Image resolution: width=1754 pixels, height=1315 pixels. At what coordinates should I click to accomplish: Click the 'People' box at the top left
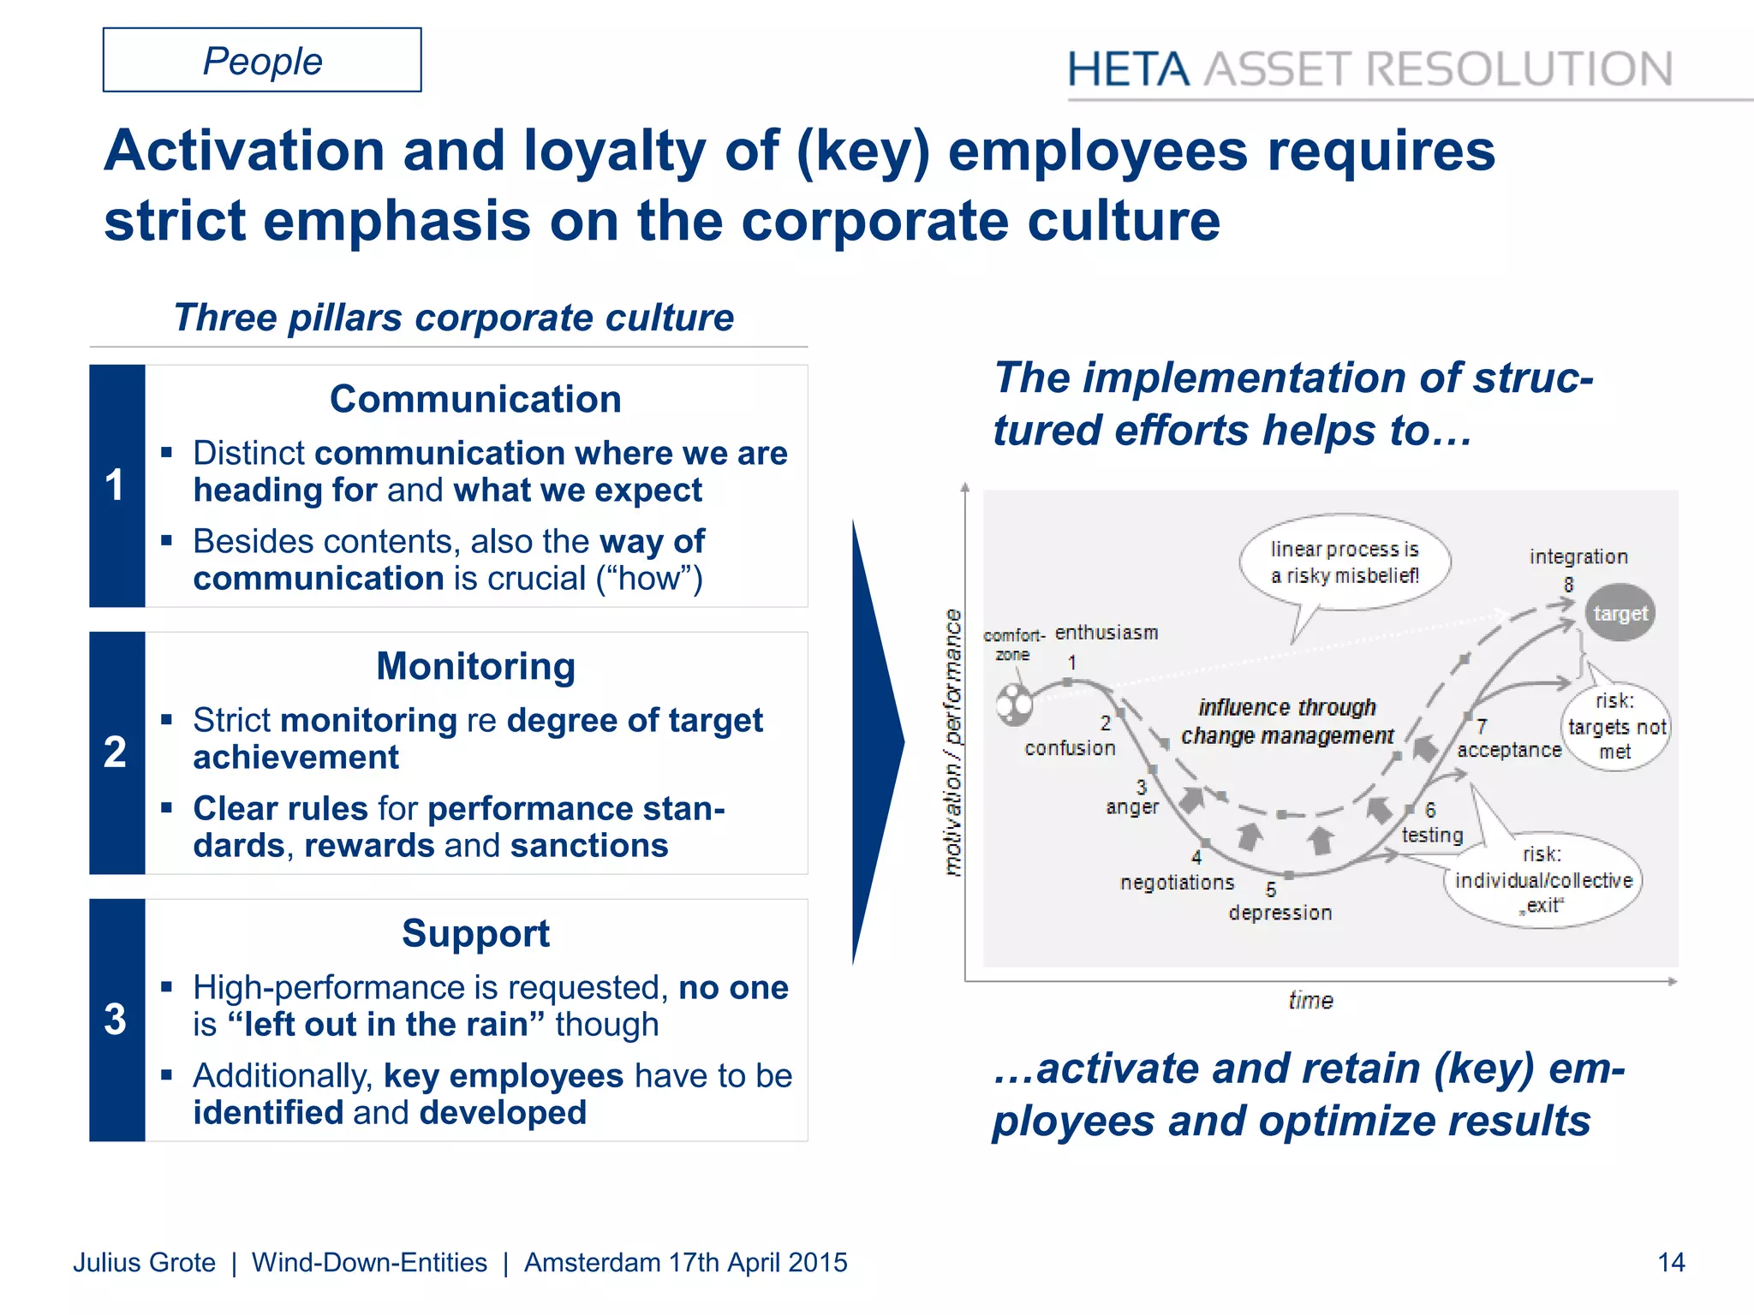262,61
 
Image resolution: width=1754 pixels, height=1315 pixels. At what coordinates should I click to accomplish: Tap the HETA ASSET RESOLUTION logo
1369,69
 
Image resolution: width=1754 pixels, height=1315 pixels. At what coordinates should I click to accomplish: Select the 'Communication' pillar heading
475,399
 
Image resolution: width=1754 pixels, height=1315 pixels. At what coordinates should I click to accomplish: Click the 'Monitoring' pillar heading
475,666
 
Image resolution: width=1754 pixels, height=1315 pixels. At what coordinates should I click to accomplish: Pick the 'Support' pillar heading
475,933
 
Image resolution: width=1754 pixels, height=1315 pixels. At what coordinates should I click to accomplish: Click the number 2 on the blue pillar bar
116,753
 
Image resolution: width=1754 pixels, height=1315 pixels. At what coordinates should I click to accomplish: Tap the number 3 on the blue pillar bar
116,1020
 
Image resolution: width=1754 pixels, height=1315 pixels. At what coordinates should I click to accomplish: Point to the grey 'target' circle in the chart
1620,613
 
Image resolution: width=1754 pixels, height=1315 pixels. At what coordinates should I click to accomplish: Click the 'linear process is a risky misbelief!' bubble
1344,562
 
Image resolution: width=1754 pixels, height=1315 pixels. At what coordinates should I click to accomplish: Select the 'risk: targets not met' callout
1616,726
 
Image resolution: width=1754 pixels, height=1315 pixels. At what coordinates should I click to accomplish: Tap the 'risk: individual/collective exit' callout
1543,880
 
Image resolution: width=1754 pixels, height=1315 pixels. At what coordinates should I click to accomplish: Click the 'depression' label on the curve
1280,913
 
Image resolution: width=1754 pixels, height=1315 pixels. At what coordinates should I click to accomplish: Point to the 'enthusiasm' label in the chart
1107,633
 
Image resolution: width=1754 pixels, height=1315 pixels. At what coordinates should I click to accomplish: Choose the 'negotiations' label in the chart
1177,883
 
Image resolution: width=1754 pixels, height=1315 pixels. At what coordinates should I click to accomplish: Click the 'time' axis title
1310,1000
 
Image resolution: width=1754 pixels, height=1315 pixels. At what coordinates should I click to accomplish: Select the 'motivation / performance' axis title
952,742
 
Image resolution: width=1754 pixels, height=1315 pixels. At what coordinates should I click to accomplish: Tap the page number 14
1671,1262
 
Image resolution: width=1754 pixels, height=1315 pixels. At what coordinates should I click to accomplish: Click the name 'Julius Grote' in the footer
144,1262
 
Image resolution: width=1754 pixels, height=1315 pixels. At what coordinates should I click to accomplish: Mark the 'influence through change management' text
1286,722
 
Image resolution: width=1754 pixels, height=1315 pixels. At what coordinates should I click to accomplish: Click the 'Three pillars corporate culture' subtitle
453,318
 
